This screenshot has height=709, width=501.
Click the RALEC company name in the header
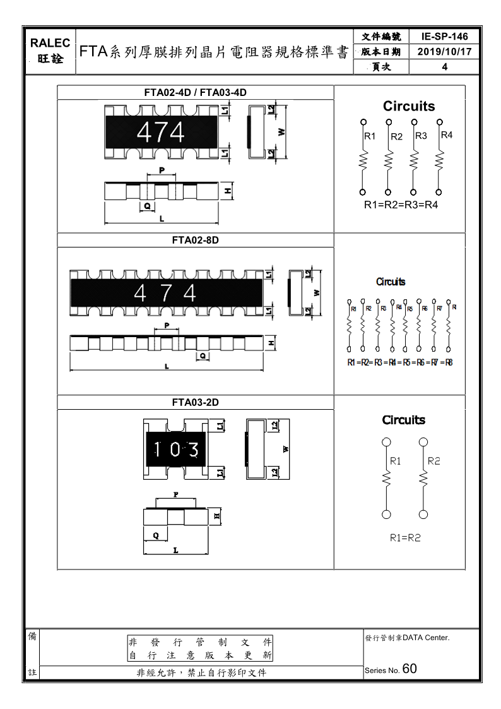tap(50, 43)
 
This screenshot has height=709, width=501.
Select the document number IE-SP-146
tap(445, 37)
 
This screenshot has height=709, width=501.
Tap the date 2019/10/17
tap(445, 52)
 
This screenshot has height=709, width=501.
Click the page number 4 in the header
tap(445, 67)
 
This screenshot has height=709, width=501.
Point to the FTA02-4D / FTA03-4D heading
tap(195, 92)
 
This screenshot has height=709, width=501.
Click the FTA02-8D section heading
tap(195, 241)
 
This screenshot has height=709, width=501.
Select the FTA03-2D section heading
tap(195, 402)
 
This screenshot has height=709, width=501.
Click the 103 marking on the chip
tap(177, 450)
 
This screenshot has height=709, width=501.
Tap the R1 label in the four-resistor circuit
tap(370, 136)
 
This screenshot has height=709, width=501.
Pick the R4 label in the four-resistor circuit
tap(447, 135)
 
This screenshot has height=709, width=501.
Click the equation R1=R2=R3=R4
tap(401, 205)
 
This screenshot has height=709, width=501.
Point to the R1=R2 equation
tap(405, 538)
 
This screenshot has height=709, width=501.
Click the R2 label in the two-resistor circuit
tap(434, 461)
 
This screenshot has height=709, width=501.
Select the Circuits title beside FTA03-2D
tap(404, 420)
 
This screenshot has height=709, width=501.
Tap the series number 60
tap(409, 669)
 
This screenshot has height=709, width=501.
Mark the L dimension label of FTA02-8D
tap(166, 366)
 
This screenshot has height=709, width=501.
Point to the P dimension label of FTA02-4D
tap(162, 170)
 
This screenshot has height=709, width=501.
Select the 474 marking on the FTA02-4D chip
tap(161, 133)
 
